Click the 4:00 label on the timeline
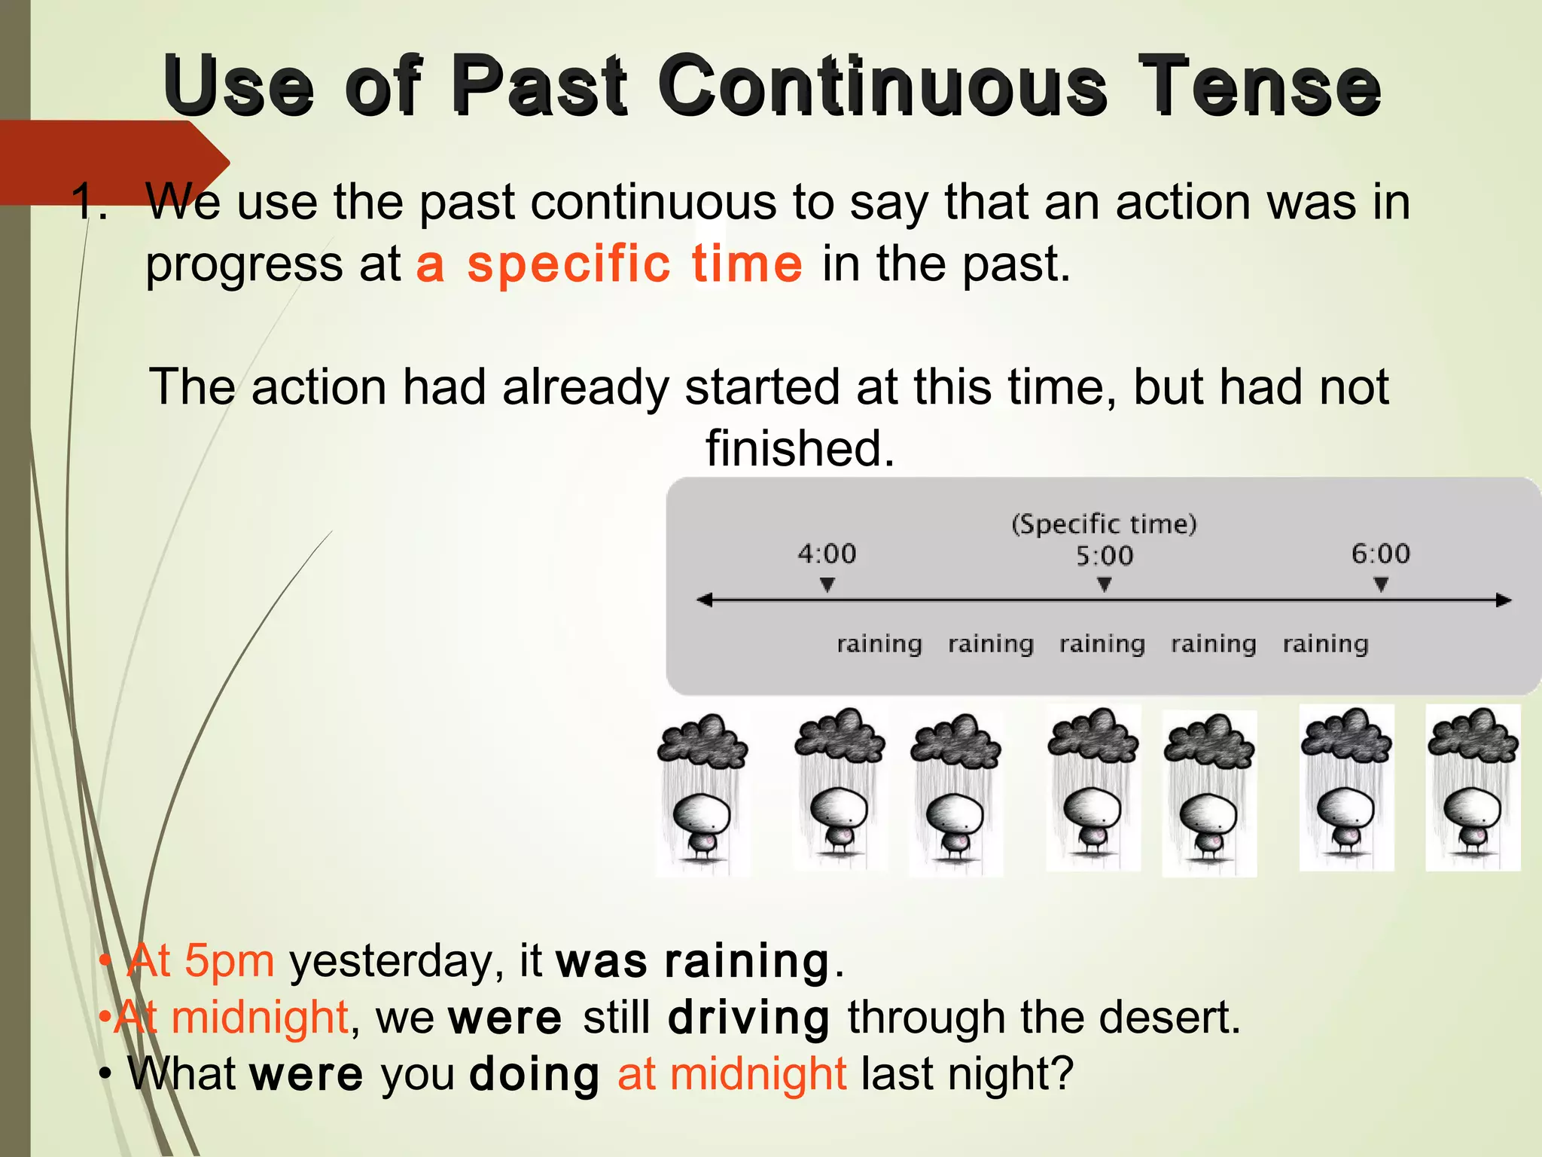point(827,554)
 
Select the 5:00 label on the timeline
point(1104,556)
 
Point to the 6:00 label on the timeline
point(1380,554)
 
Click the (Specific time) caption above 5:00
point(1104,524)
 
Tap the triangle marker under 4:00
point(827,585)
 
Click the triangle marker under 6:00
point(1380,585)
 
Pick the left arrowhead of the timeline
point(705,600)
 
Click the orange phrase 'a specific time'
point(609,264)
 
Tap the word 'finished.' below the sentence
point(800,448)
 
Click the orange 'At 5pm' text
point(200,961)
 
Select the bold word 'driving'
point(748,1018)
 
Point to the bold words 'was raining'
point(693,962)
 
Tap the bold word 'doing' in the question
point(534,1074)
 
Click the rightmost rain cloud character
point(1473,788)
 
